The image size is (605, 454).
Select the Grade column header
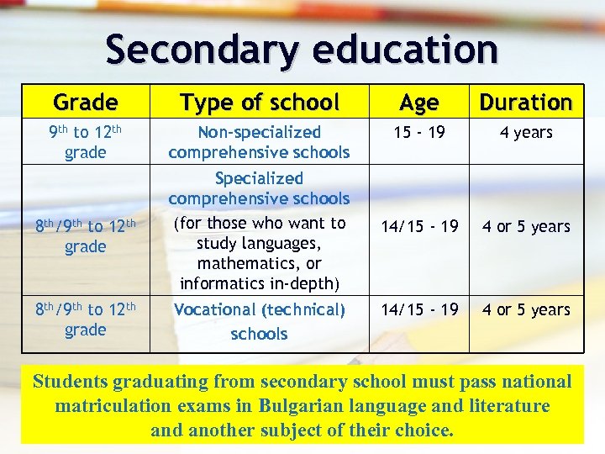pyautogui.click(x=85, y=103)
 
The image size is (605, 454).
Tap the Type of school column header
pyautogui.click(x=259, y=103)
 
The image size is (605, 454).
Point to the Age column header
pyautogui.click(x=418, y=103)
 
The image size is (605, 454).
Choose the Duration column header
pyautogui.click(x=526, y=103)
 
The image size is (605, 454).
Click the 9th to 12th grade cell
pyautogui.click(x=85, y=142)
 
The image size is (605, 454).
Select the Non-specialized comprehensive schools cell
pyautogui.click(x=259, y=142)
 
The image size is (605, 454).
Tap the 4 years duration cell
pyautogui.click(x=526, y=133)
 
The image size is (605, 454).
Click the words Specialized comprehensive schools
pyautogui.click(x=259, y=188)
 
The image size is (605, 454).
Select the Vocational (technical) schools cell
pyautogui.click(x=259, y=321)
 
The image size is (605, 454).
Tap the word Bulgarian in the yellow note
pyautogui.click(x=308, y=407)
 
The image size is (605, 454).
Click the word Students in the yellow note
pyautogui.click(x=72, y=382)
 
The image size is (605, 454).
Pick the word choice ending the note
pyautogui.click(x=424, y=431)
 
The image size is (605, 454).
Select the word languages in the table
pyautogui.click(x=281, y=243)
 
